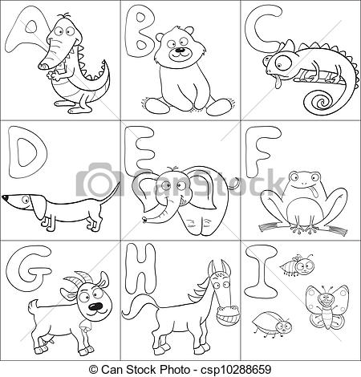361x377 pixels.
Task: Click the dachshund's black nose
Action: pyautogui.click(x=5, y=197)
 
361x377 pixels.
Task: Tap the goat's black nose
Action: pyautogui.click(x=95, y=306)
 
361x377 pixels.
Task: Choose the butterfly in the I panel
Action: pyautogui.click(x=327, y=307)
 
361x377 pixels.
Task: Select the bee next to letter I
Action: pyautogui.click(x=298, y=266)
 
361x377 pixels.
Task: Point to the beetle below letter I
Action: pyautogui.click(x=272, y=325)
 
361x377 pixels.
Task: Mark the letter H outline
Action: pyautogui.click(x=141, y=269)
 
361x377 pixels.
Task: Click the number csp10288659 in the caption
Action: pyautogui.click(x=236, y=370)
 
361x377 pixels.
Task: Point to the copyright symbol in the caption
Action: pyautogui.click(x=93, y=370)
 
